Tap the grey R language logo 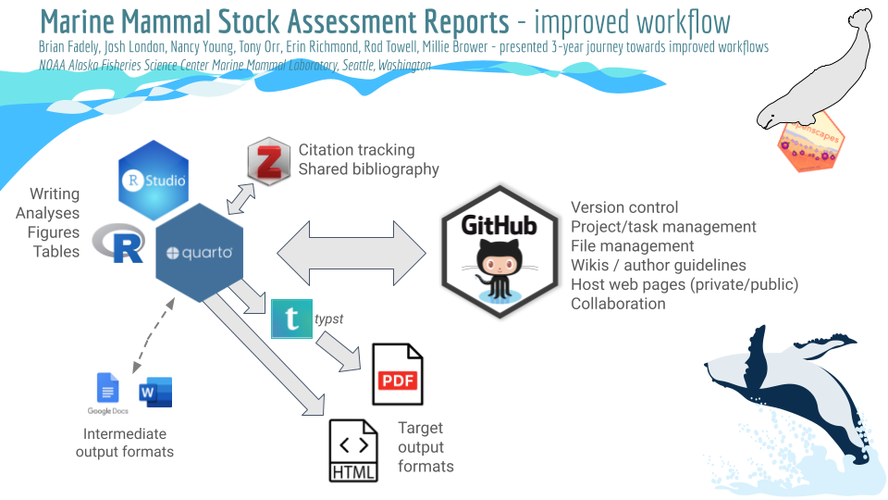click(x=118, y=243)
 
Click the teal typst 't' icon click(x=291, y=319)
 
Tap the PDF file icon click(x=397, y=374)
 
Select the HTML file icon click(x=353, y=451)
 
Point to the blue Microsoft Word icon click(x=155, y=392)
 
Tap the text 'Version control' click(x=624, y=207)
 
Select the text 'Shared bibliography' click(x=368, y=169)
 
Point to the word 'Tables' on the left click(x=56, y=251)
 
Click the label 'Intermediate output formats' click(x=125, y=443)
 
